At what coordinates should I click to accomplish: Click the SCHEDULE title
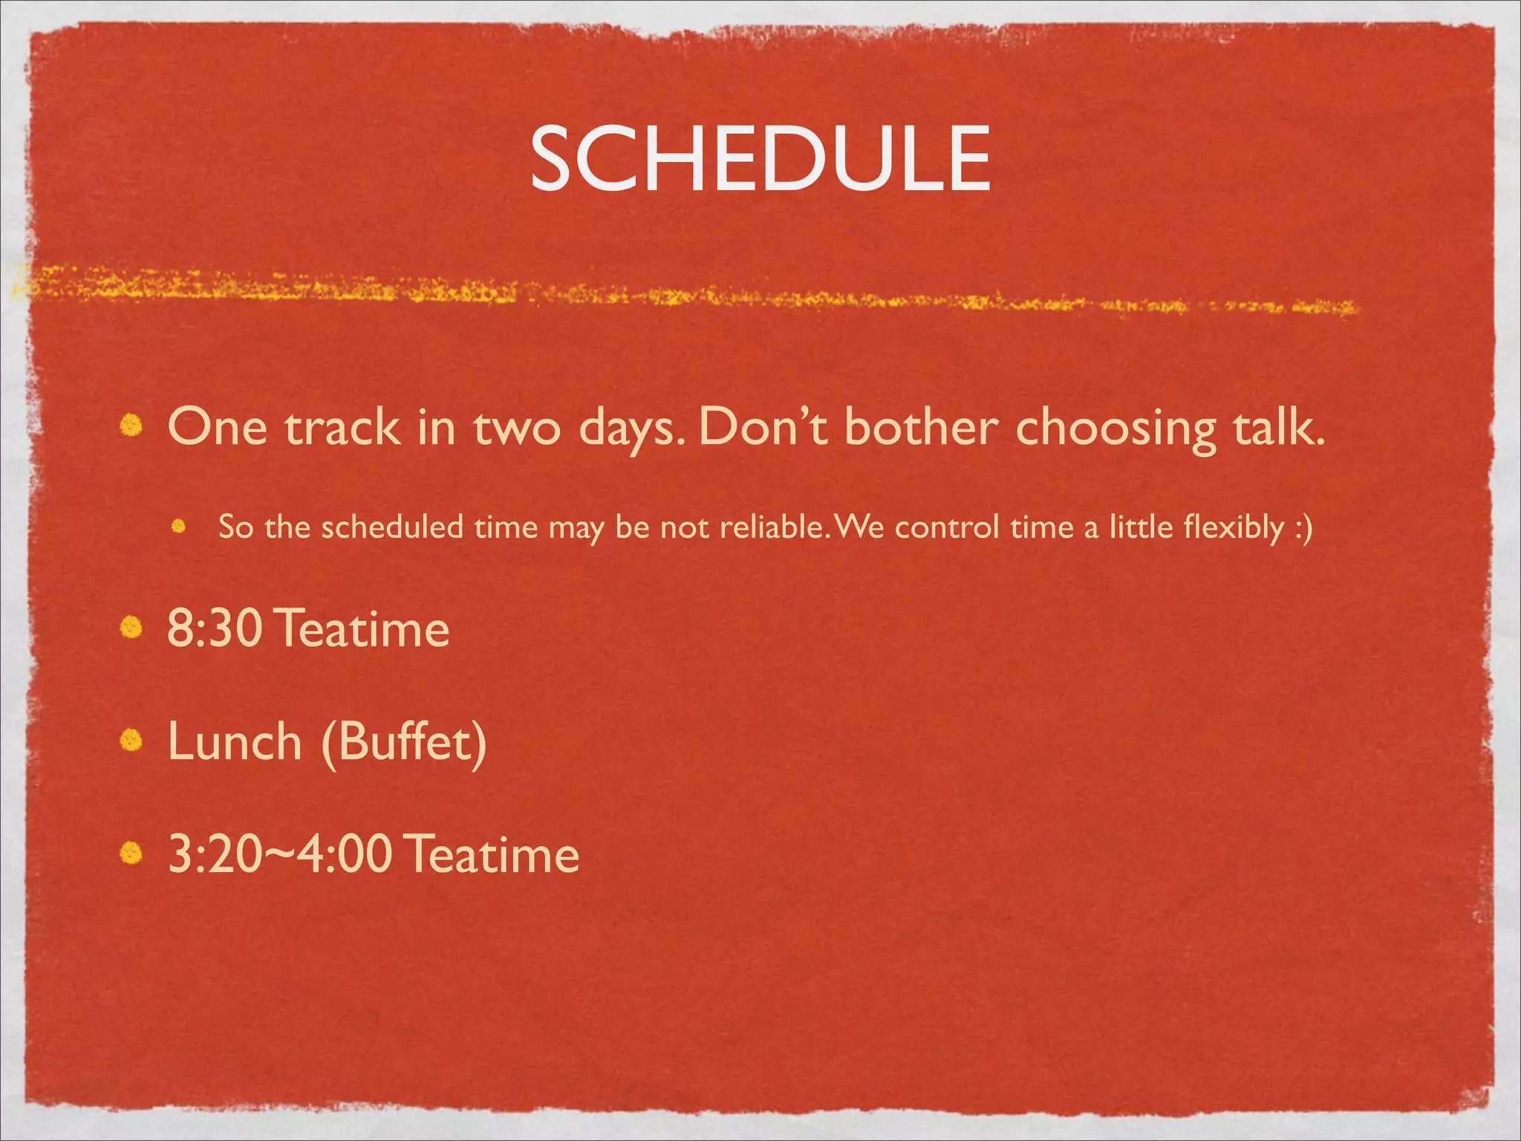click(x=760, y=157)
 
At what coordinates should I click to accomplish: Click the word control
click(x=947, y=527)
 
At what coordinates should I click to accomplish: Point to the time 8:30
click(x=215, y=628)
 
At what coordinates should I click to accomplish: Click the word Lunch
click(x=235, y=741)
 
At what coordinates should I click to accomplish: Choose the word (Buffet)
click(x=404, y=741)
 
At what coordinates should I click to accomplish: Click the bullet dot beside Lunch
click(x=131, y=741)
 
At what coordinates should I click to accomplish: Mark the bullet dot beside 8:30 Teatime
click(x=131, y=628)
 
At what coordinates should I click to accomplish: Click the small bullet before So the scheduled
click(x=177, y=527)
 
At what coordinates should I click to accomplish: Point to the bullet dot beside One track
click(x=131, y=426)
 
